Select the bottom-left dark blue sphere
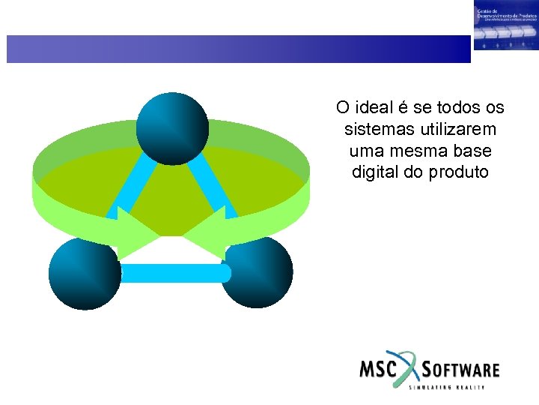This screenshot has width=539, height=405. [85, 272]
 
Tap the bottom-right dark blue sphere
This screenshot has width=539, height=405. [257, 272]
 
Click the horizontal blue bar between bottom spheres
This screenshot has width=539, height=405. [171, 273]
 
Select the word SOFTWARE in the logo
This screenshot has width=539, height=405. [461, 370]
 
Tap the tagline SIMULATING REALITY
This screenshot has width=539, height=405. [447, 387]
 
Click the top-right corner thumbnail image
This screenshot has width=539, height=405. [505, 25]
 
